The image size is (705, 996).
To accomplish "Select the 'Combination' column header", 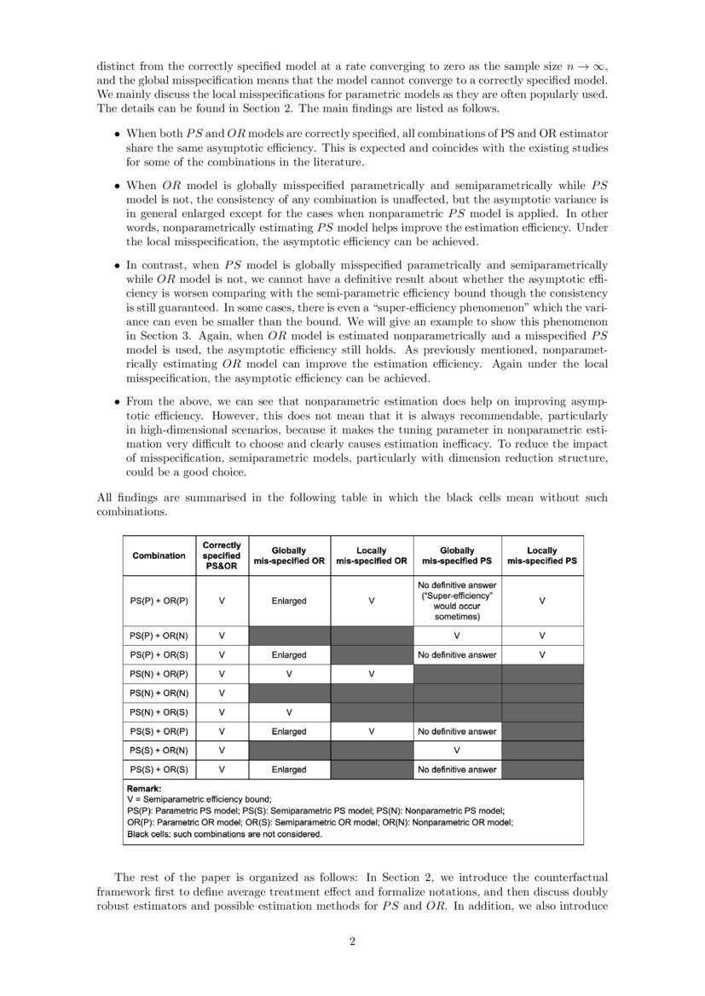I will (159, 556).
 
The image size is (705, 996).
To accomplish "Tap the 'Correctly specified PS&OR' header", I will (222, 556).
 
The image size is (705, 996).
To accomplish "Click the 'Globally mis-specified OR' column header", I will (289, 556).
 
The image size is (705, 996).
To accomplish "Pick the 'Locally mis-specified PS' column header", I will (541, 556).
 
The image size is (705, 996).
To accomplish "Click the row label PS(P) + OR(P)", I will (159, 601).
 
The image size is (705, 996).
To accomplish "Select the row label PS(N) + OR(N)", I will (159, 693).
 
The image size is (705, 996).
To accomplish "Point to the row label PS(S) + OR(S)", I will (159, 769).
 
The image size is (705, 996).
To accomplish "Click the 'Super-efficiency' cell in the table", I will (457, 601).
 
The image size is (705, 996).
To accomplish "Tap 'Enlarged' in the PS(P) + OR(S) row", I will (289, 655).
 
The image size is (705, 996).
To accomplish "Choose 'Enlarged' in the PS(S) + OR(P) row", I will (289, 731).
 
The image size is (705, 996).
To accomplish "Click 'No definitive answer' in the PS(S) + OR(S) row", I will (457, 769).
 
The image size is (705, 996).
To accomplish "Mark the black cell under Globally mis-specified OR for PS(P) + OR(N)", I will (289, 636).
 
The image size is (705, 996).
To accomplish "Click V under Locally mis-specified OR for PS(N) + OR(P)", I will (372, 674).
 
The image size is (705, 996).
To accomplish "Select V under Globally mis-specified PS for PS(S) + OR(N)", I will (457, 751).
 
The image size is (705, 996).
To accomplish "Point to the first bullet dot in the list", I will (117, 135).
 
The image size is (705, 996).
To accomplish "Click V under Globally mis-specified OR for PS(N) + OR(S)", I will (289, 712).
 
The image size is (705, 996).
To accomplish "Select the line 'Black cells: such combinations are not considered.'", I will (224, 834).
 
